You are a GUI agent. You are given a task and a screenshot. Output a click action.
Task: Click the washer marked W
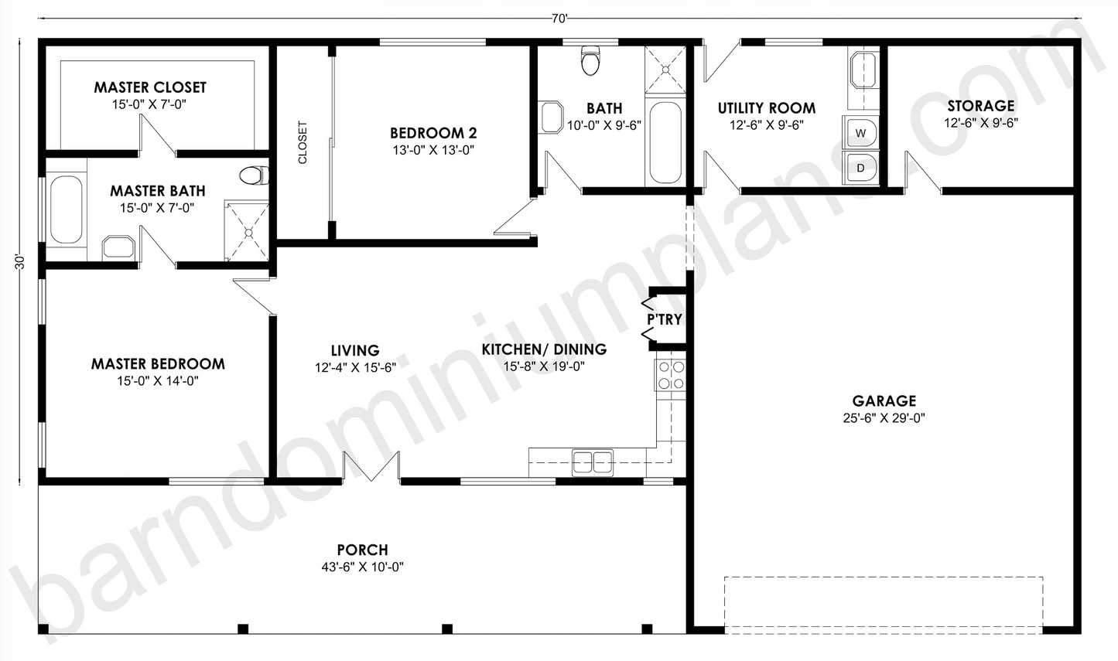click(x=860, y=133)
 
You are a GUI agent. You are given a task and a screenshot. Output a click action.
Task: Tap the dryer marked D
click(x=860, y=168)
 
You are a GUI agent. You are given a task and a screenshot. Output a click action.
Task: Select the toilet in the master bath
click(x=254, y=175)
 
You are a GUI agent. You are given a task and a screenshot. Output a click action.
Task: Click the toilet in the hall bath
click(x=591, y=60)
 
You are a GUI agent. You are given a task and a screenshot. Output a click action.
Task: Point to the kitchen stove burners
click(x=672, y=375)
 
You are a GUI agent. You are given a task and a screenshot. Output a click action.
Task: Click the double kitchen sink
click(x=593, y=462)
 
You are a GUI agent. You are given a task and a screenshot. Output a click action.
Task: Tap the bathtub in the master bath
click(x=66, y=210)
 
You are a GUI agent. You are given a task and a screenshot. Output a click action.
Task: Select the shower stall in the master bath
click(x=247, y=230)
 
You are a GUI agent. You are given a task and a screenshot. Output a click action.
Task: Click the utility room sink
click(x=863, y=71)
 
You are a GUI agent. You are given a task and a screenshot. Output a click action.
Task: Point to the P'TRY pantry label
click(x=665, y=319)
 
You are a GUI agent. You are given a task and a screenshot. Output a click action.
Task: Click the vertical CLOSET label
click(x=303, y=142)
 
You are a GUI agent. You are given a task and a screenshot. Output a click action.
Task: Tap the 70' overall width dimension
click(x=559, y=19)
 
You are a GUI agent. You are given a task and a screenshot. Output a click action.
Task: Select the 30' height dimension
click(x=20, y=262)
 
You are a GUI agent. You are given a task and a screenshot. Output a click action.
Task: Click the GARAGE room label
click(x=884, y=401)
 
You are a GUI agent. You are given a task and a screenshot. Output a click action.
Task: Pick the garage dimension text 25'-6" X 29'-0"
click(x=884, y=418)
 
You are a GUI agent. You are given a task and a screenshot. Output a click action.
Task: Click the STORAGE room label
click(x=981, y=106)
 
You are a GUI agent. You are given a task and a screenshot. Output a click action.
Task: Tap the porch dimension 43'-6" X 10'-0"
click(x=362, y=567)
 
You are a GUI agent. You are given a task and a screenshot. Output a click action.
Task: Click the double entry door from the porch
click(x=371, y=467)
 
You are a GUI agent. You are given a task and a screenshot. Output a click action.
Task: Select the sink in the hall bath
click(x=552, y=118)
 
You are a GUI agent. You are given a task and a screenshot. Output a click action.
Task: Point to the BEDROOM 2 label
click(x=433, y=133)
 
